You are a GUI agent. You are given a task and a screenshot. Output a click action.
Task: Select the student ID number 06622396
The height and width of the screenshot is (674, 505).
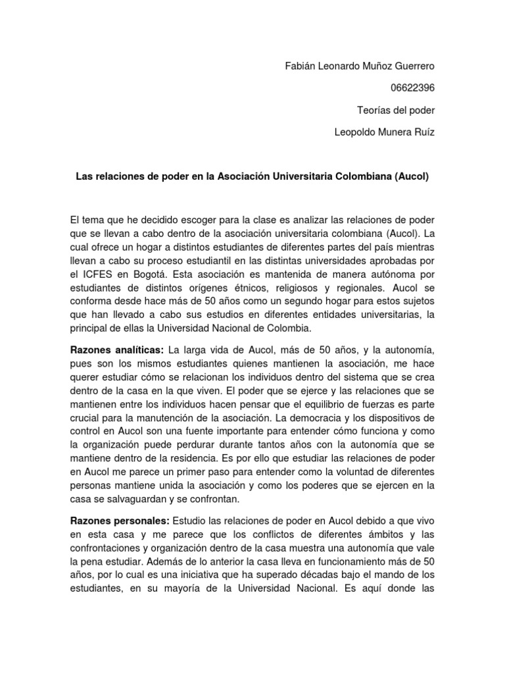(x=412, y=88)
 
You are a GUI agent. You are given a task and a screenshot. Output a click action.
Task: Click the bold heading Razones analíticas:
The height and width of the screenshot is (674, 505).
(x=116, y=349)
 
